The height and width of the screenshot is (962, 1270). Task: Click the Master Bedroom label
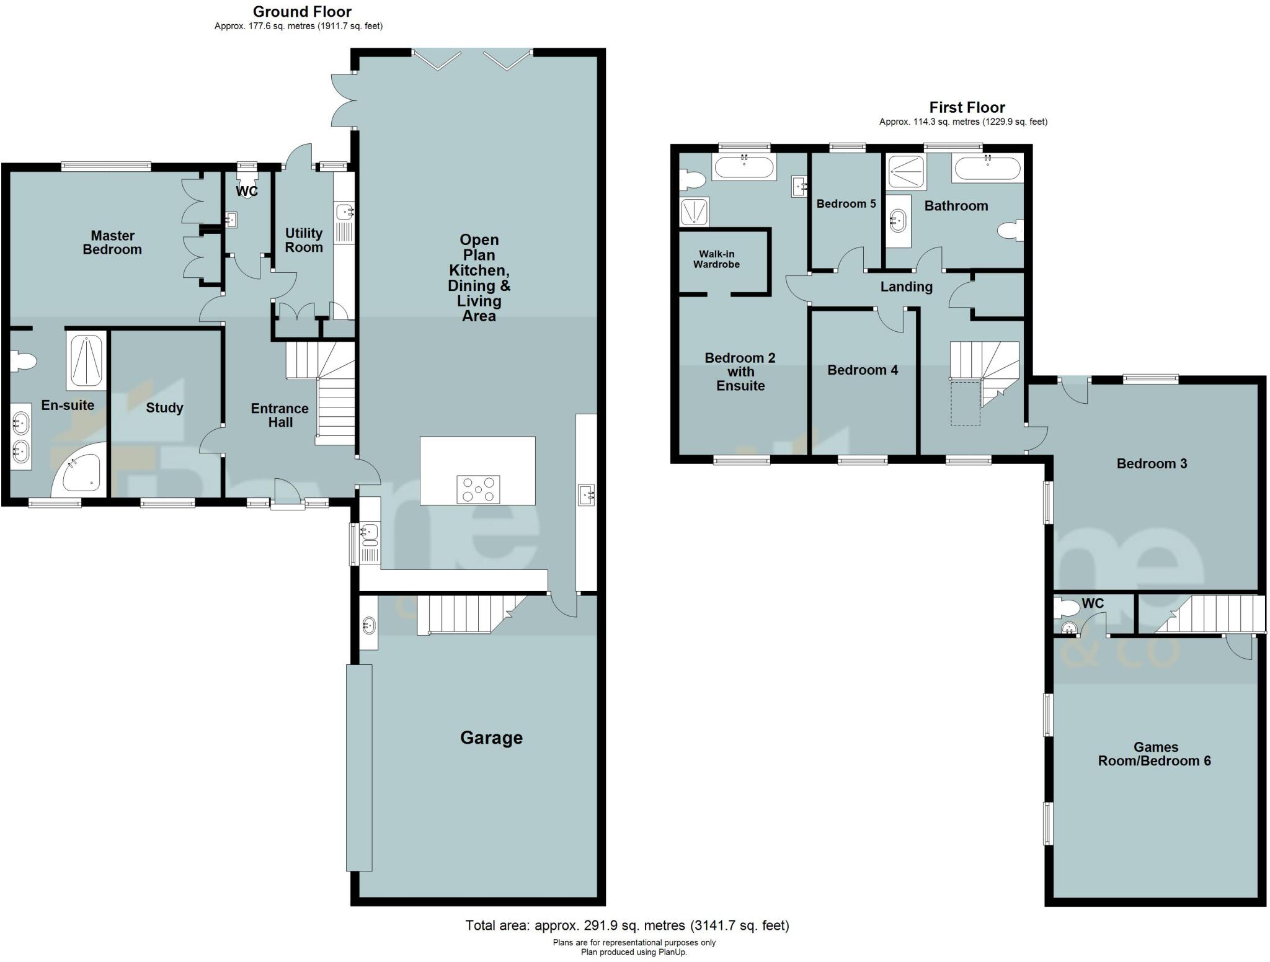112,243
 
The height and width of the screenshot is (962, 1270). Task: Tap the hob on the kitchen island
478,489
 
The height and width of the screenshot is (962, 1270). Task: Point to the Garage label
491,737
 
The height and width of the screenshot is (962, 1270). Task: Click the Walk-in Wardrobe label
716,259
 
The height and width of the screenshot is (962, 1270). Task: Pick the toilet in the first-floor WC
1067,607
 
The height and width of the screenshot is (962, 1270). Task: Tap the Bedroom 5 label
846,204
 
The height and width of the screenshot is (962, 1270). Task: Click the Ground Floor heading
302,12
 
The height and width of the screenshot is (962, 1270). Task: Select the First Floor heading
967,107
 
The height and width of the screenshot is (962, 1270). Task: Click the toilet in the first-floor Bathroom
1011,231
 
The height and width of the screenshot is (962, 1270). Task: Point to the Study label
164,408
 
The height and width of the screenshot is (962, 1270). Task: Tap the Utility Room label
304,240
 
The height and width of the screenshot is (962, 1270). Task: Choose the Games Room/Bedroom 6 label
1154,754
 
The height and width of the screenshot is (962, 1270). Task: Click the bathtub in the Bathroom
987,169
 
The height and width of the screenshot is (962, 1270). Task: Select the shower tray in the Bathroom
906,172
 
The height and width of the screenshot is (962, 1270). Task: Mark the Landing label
906,287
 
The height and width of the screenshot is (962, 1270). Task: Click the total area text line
627,926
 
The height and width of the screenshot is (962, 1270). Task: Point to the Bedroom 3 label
1152,463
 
